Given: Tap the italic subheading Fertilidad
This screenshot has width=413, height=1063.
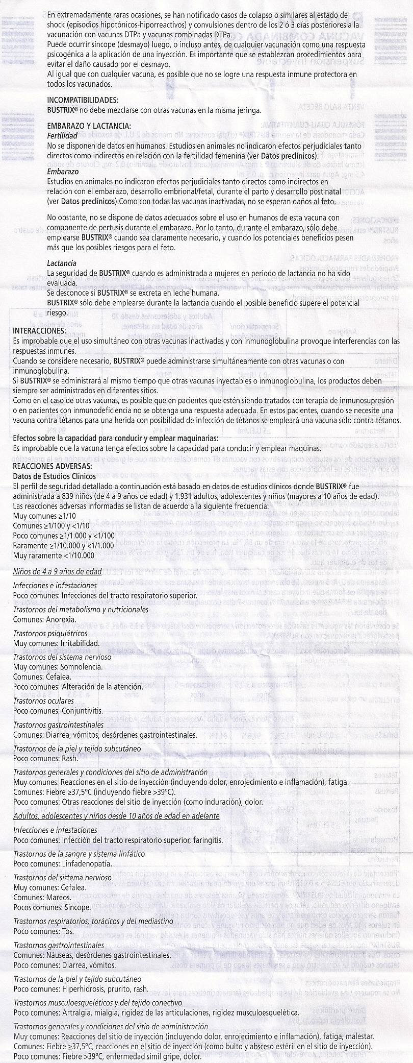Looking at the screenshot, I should (62, 136).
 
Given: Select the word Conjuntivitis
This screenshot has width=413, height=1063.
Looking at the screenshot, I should (82, 711).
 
